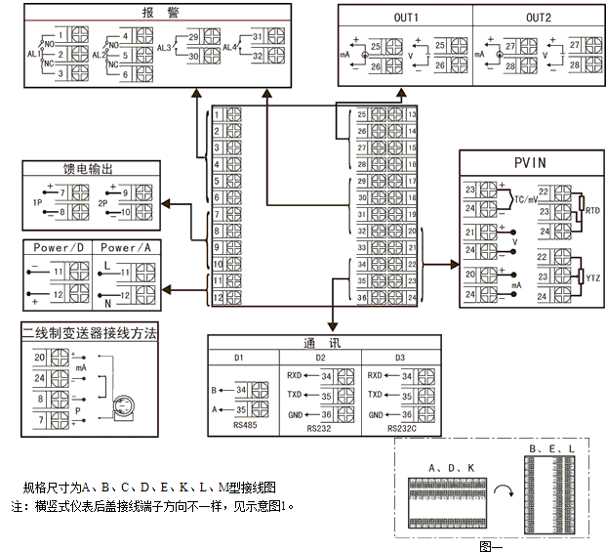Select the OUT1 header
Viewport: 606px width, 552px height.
(x=405, y=18)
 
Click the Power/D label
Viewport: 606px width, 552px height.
(x=59, y=248)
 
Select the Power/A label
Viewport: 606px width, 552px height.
(x=125, y=248)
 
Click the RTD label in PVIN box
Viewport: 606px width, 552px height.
(x=591, y=209)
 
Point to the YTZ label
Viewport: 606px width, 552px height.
(x=591, y=276)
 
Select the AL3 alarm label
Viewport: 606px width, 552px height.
(x=165, y=47)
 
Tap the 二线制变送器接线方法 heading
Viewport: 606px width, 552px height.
(x=90, y=333)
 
